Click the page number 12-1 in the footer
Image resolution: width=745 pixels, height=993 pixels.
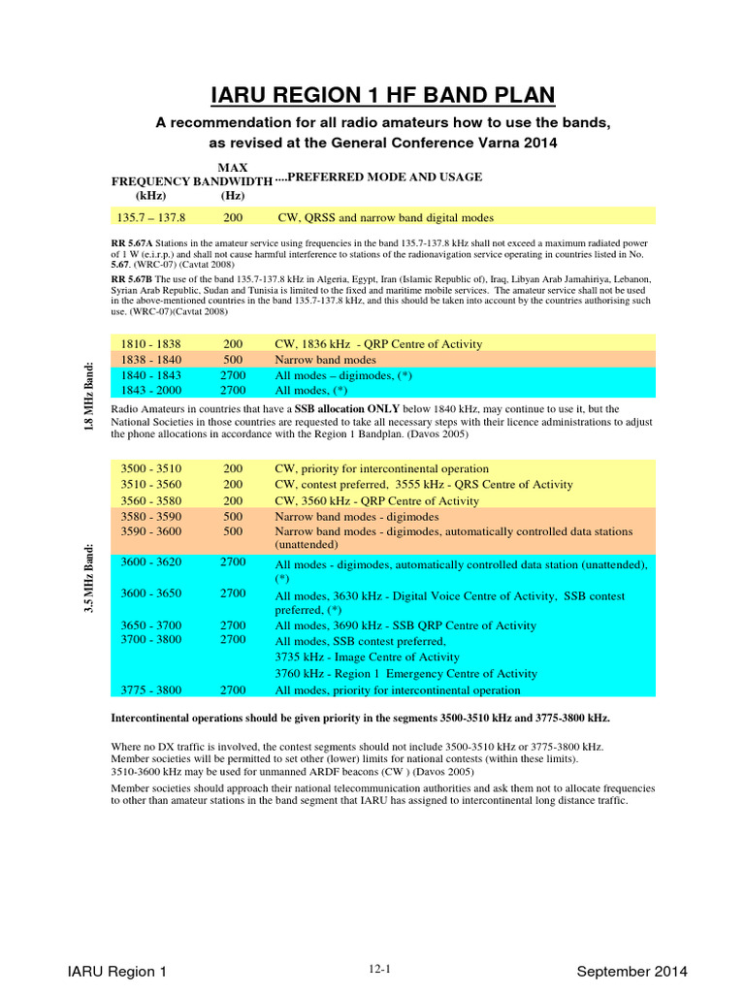(380, 967)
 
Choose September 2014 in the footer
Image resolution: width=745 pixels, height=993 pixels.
(632, 971)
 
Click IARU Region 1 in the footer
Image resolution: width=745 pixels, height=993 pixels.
(124, 971)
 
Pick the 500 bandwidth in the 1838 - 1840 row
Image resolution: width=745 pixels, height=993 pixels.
(233, 360)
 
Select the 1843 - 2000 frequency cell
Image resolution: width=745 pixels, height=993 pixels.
(151, 390)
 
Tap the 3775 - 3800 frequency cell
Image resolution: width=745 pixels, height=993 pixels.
(151, 690)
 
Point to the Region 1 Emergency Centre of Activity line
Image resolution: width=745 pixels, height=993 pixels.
(406, 674)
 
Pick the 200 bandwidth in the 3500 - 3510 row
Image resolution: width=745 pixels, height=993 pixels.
(233, 467)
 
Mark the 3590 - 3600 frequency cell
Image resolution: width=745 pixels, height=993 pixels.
(151, 531)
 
